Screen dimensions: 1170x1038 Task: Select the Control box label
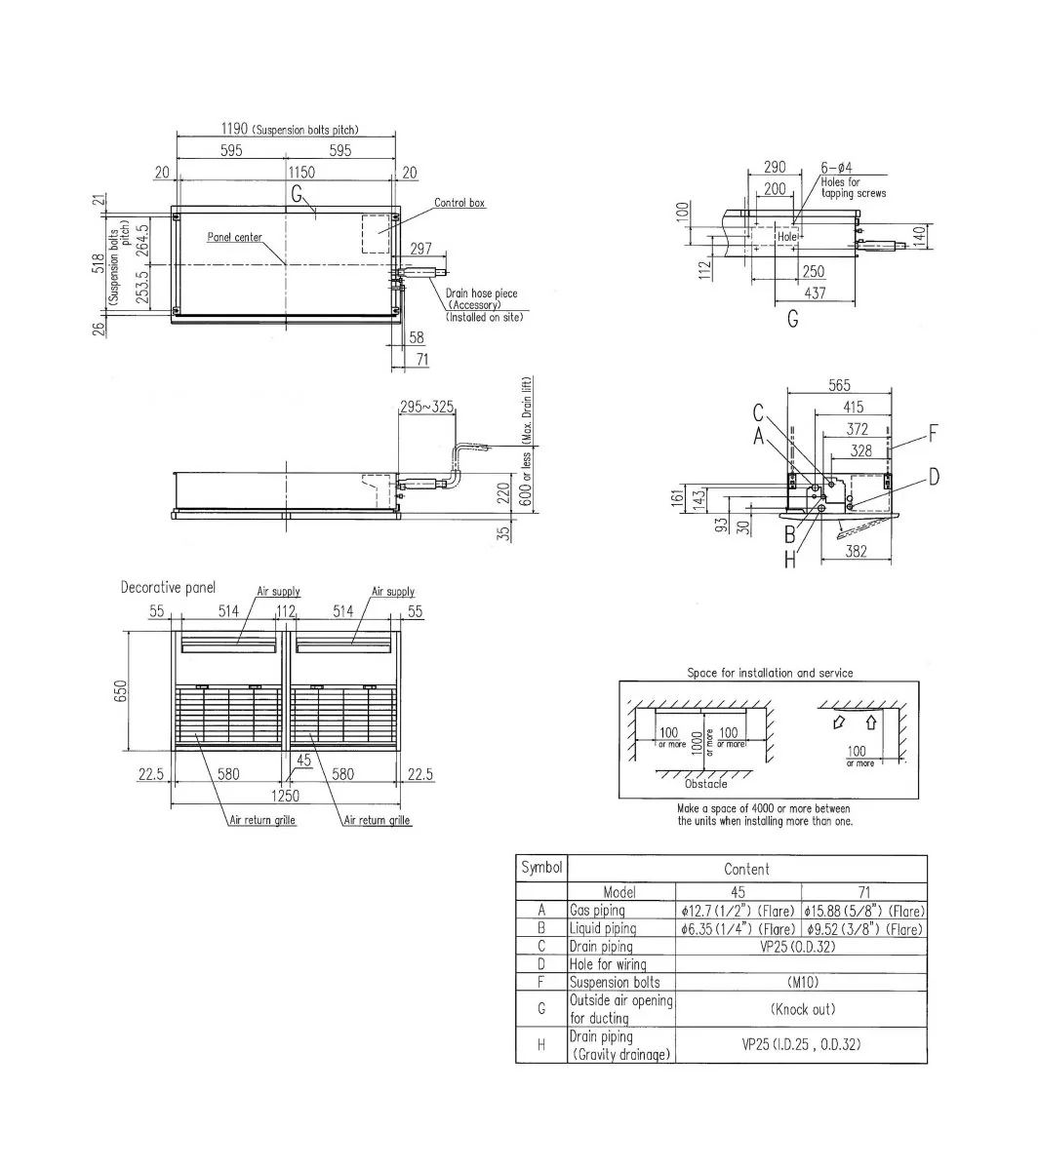459,203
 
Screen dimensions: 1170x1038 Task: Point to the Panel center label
234,237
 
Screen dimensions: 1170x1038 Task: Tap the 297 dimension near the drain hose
420,250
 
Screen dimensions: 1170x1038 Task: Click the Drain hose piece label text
481,293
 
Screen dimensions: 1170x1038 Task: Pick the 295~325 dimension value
426,407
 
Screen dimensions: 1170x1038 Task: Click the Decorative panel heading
168,587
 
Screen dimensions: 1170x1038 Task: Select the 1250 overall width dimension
285,796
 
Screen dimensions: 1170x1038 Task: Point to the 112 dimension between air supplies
286,611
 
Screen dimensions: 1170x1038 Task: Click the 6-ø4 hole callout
836,168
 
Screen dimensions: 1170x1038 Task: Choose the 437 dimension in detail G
815,292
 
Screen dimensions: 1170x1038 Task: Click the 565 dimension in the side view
838,386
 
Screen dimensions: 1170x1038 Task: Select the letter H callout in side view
789,561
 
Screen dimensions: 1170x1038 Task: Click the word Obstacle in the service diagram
705,783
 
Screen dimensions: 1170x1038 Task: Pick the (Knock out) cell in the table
802,1009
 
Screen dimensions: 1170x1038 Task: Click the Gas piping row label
597,911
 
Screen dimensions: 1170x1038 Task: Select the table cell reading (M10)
801,983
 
